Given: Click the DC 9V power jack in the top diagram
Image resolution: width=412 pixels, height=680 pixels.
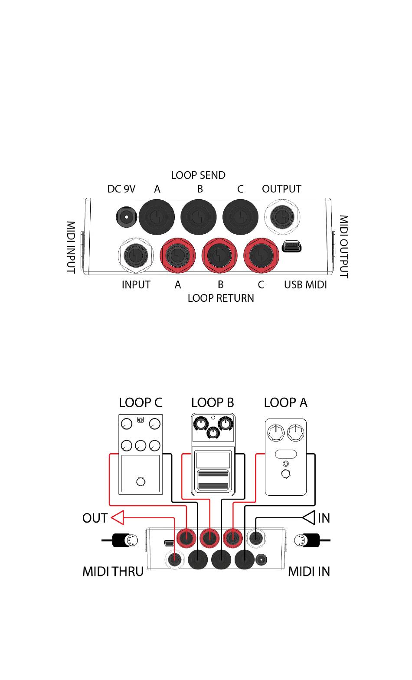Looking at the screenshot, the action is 126,217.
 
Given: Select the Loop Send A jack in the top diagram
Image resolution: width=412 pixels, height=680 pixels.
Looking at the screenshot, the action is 157,217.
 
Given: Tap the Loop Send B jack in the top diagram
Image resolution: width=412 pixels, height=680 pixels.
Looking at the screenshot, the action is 199,217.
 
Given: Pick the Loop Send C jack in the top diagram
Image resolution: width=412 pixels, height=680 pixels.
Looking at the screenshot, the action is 240,217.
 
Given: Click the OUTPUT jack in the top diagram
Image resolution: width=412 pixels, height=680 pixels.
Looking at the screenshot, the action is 282,217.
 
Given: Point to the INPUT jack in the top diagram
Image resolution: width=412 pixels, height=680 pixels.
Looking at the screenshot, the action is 136,255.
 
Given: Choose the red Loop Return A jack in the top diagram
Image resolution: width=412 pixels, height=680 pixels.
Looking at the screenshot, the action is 178,255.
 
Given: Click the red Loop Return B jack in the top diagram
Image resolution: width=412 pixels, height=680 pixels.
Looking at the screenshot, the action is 219,255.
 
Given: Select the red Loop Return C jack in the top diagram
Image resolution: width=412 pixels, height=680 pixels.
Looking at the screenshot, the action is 261,255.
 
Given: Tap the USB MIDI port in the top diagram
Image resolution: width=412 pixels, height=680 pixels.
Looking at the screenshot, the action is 291,246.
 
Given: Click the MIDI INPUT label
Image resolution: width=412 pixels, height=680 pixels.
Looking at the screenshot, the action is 71,247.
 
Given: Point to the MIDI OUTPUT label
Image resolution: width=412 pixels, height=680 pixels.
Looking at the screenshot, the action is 343,246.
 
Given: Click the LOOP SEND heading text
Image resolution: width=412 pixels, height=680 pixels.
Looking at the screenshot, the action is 198,175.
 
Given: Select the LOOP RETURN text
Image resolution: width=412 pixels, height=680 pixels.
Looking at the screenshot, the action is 221,298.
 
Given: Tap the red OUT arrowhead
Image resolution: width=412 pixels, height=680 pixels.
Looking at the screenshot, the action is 118,518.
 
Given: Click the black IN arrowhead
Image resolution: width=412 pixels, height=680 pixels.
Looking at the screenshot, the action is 309,518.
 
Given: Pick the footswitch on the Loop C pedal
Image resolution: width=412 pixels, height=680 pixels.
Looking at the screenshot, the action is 141,481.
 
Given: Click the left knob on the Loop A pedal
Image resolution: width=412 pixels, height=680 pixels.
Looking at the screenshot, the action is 276,433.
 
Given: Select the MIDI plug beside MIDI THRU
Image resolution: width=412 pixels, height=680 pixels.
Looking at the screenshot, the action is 125,540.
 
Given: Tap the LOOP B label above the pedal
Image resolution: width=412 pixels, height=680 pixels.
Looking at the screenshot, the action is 213,402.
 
